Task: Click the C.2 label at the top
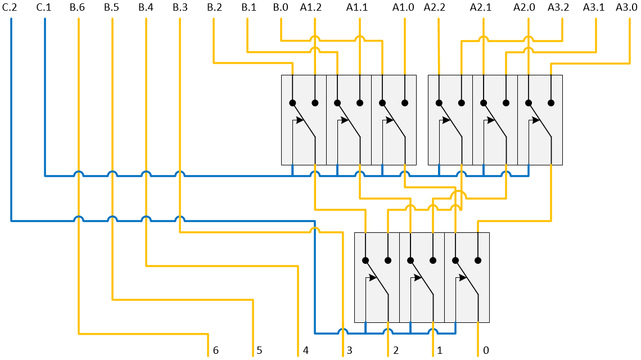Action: click(10, 7)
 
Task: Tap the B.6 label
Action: click(78, 7)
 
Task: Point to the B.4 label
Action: click(146, 7)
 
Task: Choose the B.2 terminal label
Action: click(214, 7)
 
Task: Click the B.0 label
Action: click(280, 7)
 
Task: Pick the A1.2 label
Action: click(311, 7)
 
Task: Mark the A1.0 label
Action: click(403, 7)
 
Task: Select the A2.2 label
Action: click(435, 7)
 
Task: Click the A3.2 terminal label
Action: click(558, 7)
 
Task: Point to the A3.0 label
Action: click(626, 7)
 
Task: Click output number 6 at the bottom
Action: click(215, 350)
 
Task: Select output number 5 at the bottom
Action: click(259, 350)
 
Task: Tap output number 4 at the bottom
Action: click(305, 350)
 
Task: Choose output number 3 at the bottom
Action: click(349, 350)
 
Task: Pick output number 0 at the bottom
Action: click(486, 350)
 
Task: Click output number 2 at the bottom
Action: click(396, 350)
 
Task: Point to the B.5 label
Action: click(111, 7)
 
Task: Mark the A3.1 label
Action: click(593, 7)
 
